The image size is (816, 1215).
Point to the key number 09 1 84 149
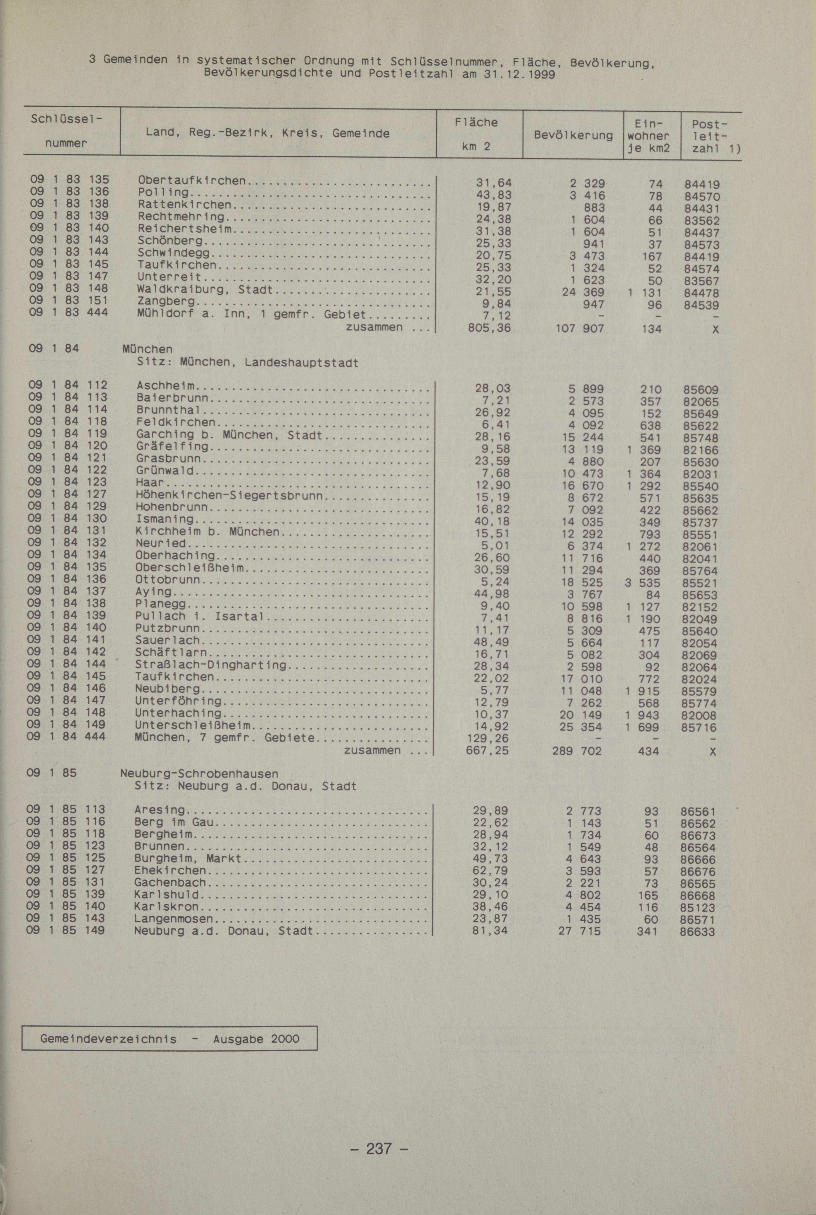point(67,724)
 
